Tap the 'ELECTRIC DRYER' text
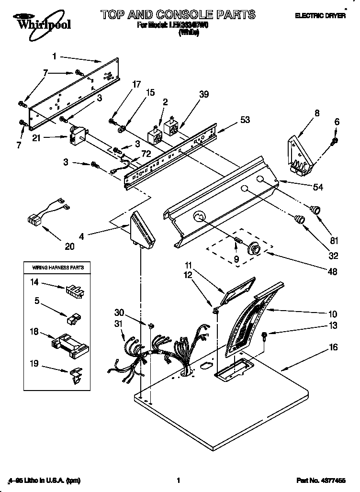coord(320,16)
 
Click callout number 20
coord(70,246)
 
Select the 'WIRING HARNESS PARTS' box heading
coord(57,268)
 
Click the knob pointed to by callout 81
coord(315,210)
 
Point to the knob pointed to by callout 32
coord(300,220)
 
